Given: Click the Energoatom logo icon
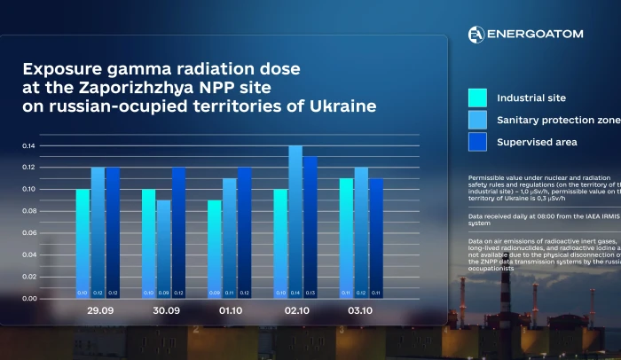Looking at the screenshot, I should (x=476, y=35).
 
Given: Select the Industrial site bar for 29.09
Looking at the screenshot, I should (x=83, y=244).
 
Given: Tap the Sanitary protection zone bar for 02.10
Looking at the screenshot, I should (x=295, y=222).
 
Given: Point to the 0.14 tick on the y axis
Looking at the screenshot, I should (x=29, y=145).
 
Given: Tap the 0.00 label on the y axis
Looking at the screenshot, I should (x=29, y=299).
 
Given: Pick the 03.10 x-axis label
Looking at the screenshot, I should (x=360, y=312).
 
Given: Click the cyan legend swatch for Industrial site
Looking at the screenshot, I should (x=477, y=98).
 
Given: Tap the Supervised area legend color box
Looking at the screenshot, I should (x=477, y=142).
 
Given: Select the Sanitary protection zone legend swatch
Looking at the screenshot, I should (x=477, y=120).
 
